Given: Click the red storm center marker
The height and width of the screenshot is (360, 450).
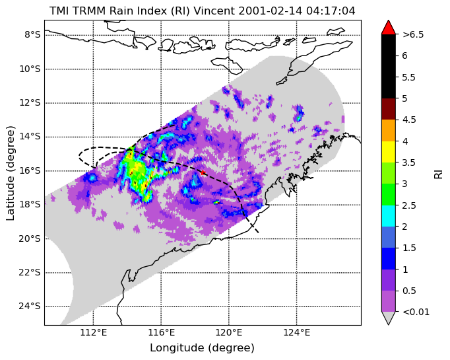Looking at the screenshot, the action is point(203,172).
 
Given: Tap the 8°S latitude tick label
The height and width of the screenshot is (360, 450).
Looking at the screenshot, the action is point(32,35).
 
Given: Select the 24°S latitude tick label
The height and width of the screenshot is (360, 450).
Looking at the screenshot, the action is point(30,306).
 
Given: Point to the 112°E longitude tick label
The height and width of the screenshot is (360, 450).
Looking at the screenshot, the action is point(93,332).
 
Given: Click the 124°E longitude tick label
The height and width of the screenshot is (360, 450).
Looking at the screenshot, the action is point(297,332).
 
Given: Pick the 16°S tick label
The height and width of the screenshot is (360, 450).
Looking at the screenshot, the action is point(30,170).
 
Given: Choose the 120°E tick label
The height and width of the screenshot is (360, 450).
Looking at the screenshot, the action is point(229,332).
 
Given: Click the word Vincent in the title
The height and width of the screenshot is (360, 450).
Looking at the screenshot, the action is point(214,11).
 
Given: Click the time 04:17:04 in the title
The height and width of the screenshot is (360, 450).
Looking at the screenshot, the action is point(330,11).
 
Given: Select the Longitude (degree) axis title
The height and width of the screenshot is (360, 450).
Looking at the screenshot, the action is point(203,348).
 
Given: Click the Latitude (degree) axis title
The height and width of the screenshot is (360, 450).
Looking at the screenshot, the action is point(10,173).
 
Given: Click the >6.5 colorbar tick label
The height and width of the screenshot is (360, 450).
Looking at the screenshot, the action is point(413,34).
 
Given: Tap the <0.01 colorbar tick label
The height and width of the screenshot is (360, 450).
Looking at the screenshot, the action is point(416,312).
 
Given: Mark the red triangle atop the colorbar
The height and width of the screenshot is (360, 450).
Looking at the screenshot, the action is point(389,27).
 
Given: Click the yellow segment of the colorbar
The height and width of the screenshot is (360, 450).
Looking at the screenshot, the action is point(389,152).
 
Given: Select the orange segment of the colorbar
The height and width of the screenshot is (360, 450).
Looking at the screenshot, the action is point(389,130).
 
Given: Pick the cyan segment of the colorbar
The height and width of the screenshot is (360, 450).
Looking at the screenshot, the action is point(389,216).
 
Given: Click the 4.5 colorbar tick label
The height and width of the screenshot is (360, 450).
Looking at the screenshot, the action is point(409,120).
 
